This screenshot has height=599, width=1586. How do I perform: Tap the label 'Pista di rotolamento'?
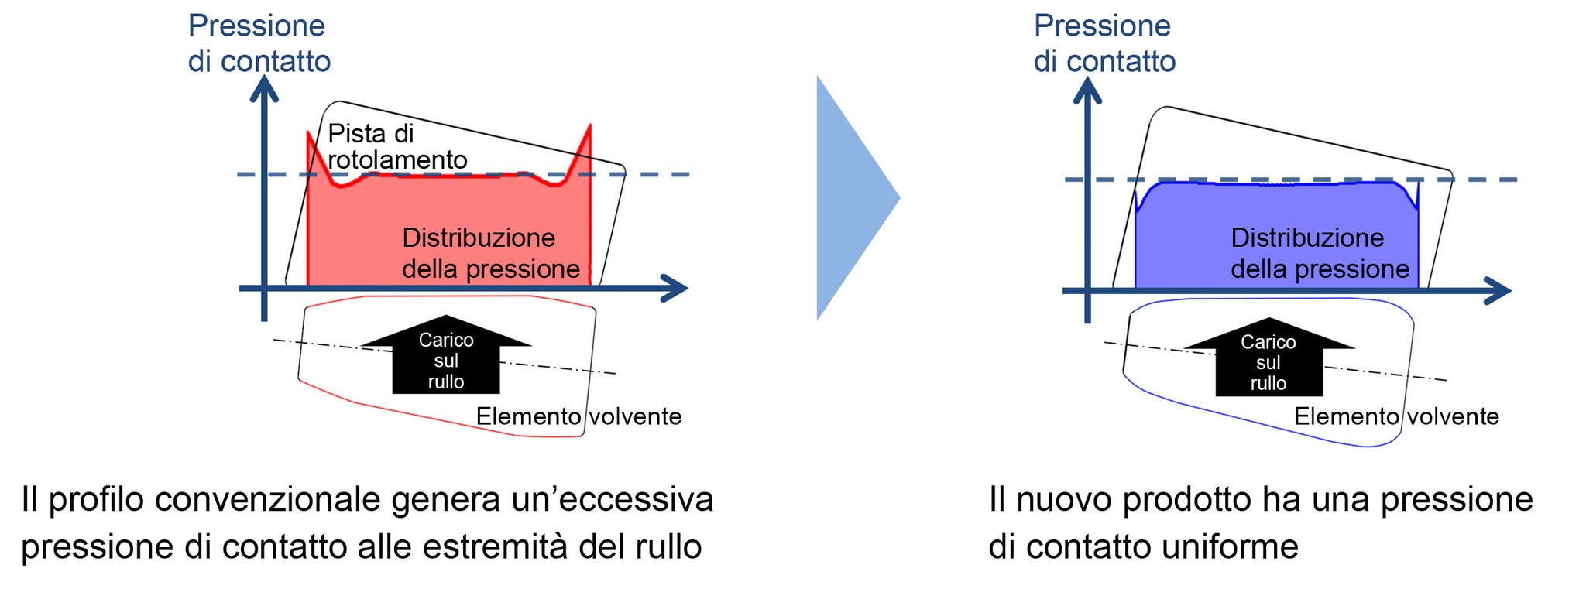[x=396, y=146]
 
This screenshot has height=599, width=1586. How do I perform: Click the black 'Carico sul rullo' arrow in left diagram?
[x=445, y=358]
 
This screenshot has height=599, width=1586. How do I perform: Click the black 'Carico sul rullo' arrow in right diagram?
[x=1268, y=360]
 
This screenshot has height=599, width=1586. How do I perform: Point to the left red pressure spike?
[x=313, y=151]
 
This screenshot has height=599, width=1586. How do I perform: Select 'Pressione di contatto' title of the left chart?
[x=259, y=43]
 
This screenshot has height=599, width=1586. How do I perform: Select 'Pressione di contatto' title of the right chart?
[x=1104, y=43]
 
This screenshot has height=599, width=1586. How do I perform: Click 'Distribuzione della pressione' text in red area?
[x=490, y=253]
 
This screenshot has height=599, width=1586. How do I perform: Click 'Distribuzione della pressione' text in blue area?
[x=1320, y=253]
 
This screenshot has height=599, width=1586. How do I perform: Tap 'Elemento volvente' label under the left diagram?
[x=578, y=416]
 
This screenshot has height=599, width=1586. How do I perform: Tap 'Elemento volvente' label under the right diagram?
[x=1396, y=416]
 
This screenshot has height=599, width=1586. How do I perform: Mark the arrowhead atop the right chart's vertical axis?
[x=1087, y=89]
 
